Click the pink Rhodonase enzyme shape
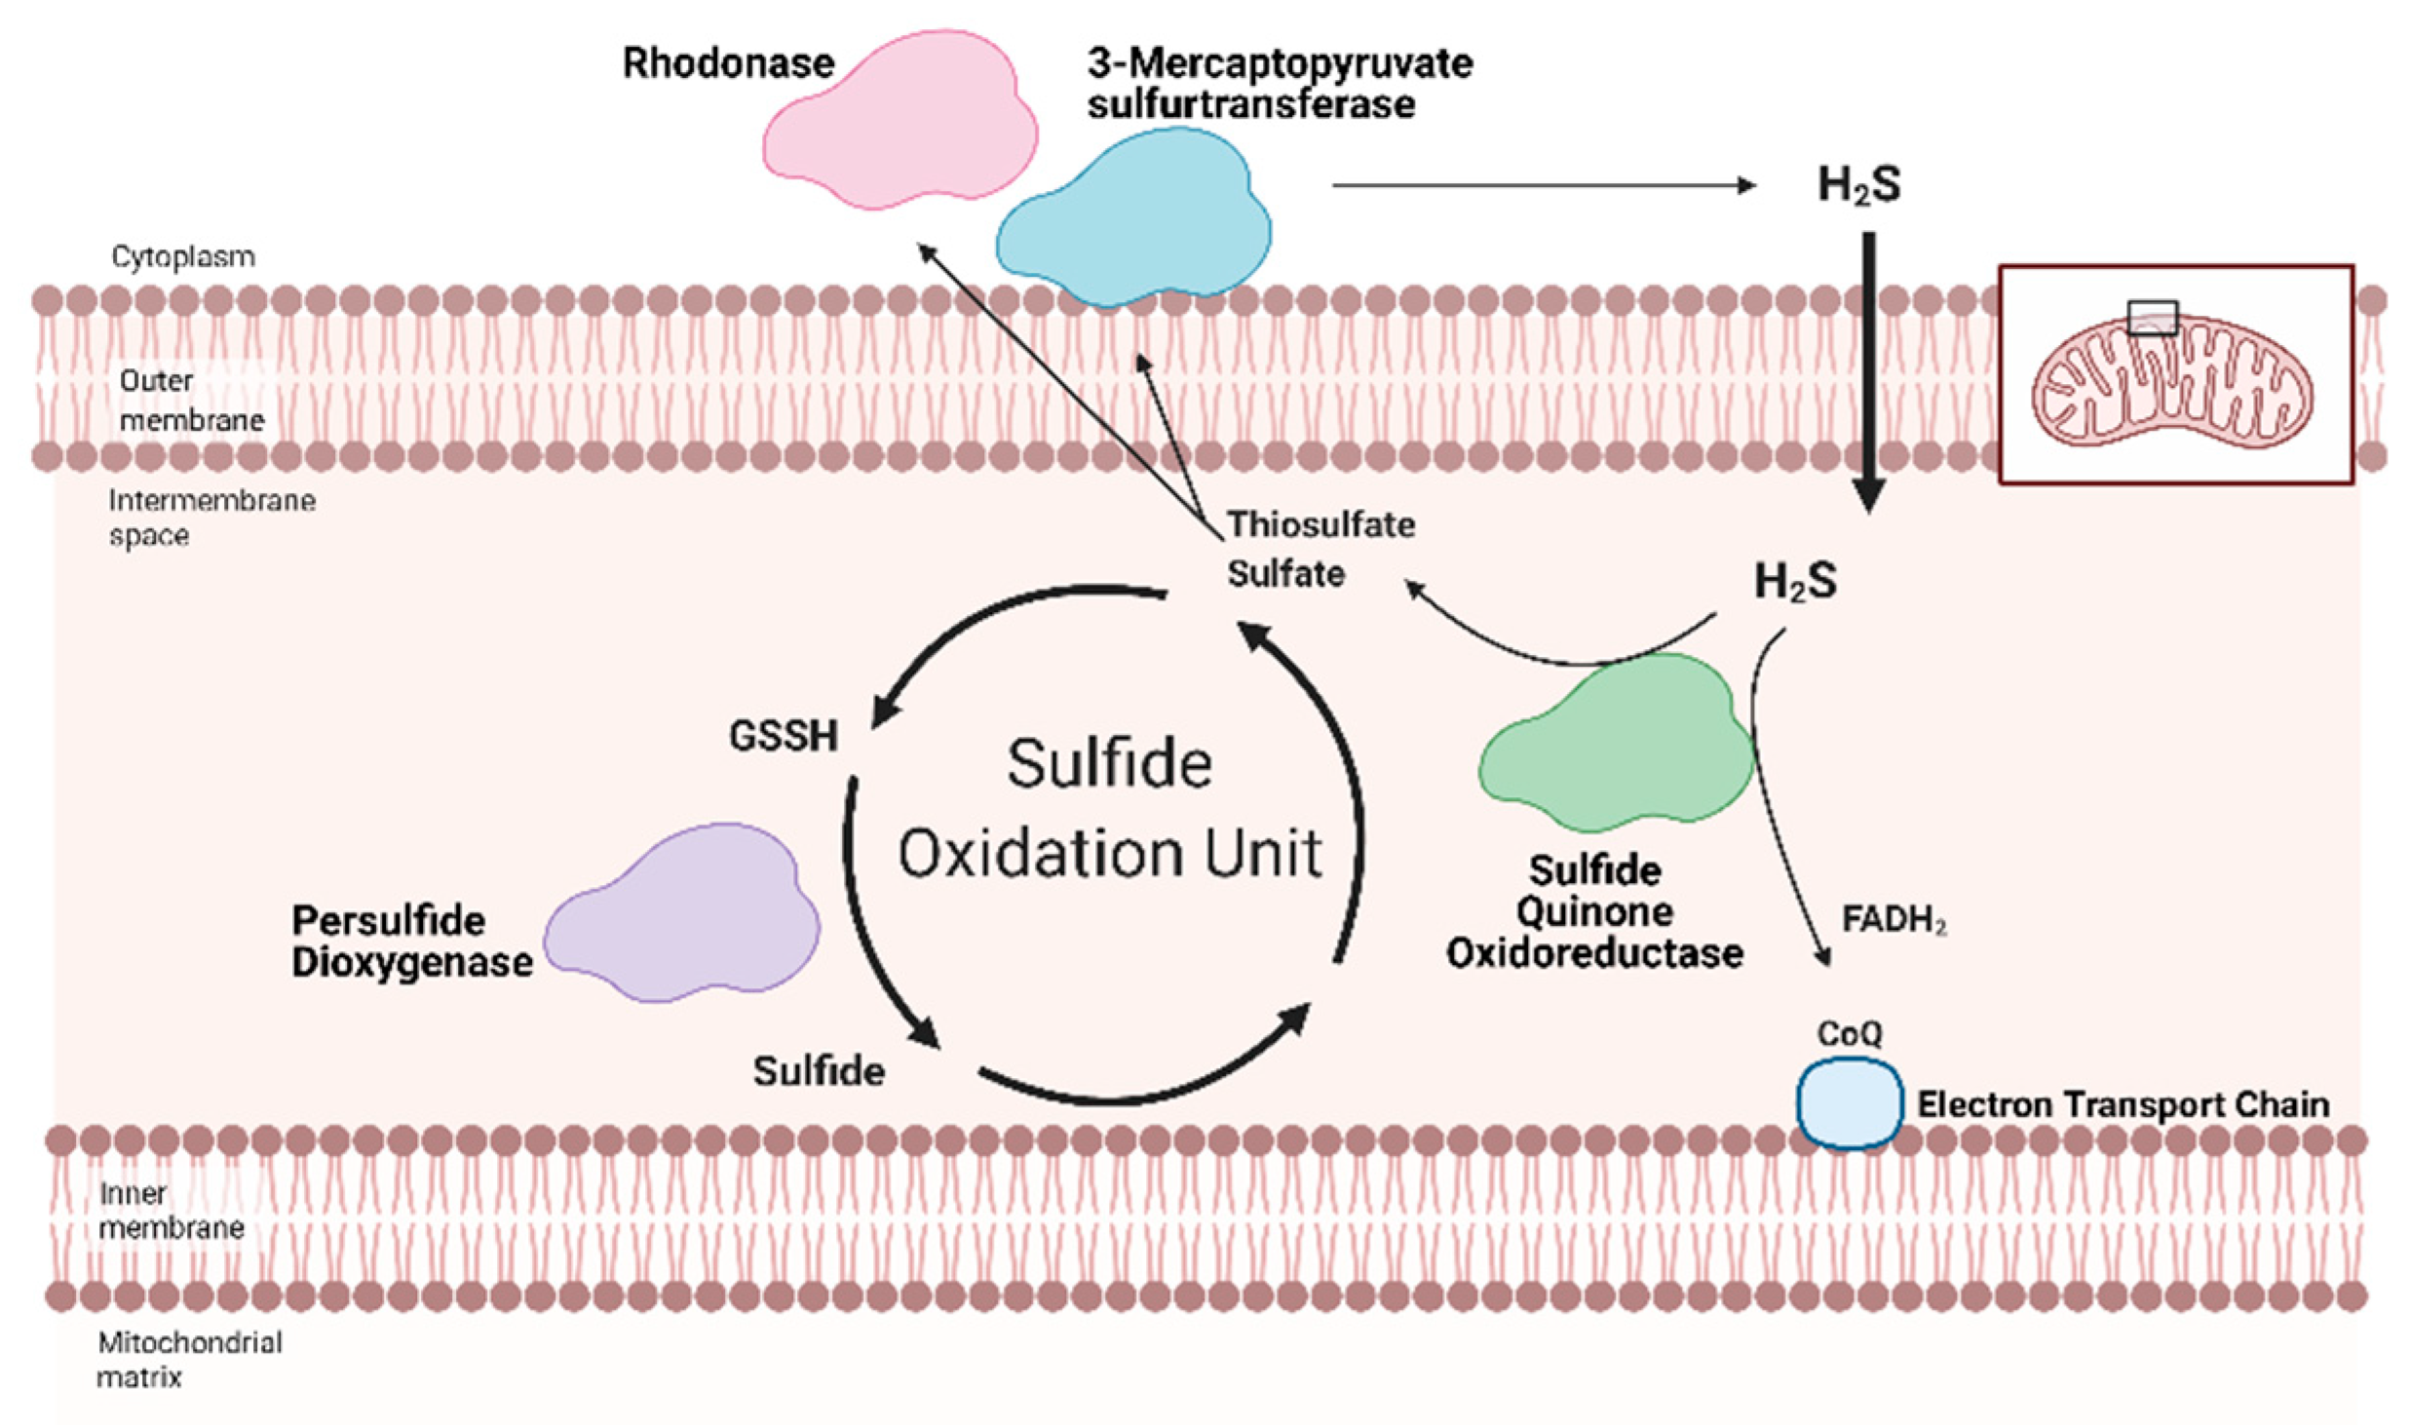[897, 122]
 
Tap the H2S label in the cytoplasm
[1858, 185]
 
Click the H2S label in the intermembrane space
[1795, 582]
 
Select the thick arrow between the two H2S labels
[1868, 370]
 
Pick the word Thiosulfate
[1320, 524]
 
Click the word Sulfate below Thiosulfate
[1285, 573]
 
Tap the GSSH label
[783, 736]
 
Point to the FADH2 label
[1894, 919]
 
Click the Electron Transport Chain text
[2123, 1104]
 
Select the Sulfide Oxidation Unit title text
[1109, 809]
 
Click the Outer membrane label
[191, 400]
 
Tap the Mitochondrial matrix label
[189, 1360]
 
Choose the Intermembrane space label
[211, 518]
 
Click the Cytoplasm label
[183, 256]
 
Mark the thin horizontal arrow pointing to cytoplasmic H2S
[1540, 185]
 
